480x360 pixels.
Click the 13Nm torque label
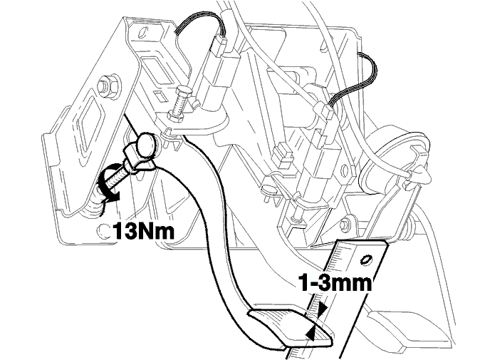(143, 231)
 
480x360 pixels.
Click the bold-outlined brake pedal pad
(289, 327)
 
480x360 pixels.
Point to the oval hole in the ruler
(366, 259)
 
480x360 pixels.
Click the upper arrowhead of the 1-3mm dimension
(322, 309)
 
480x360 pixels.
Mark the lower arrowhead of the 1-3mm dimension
(311, 334)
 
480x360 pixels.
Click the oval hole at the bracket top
(142, 33)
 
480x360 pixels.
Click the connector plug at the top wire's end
(219, 46)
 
